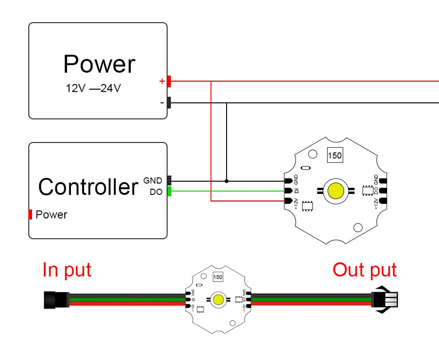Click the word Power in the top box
[99, 64]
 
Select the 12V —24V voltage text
[93, 88]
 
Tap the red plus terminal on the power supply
[169, 81]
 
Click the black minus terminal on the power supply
[169, 102]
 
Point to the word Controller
[88, 187]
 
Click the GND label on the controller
[152, 180]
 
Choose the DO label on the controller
[156, 192]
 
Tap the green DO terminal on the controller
[169, 191]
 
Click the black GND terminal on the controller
[169, 180]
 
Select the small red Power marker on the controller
[31, 215]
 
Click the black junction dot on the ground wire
[227, 181]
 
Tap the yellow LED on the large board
[336, 191]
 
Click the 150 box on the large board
[334, 155]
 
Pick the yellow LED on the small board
[218, 299]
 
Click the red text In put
[67, 270]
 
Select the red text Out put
[364, 270]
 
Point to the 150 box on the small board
[218, 277]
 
